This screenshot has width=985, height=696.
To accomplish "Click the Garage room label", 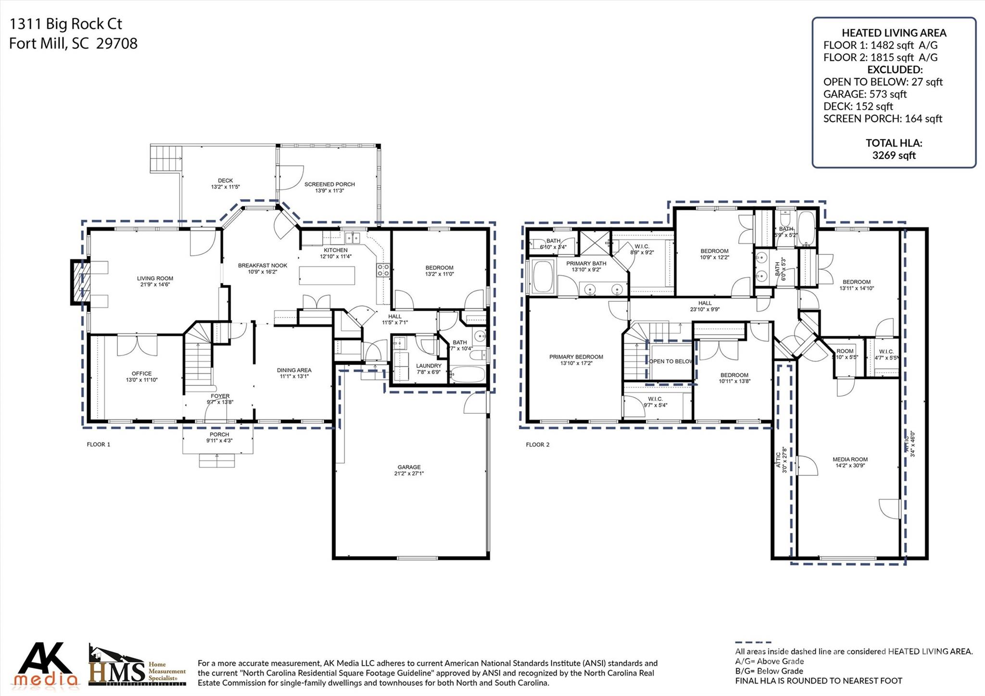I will coord(409,470).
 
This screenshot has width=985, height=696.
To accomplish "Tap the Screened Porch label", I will coord(329,187).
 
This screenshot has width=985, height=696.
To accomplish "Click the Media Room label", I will coord(850,462).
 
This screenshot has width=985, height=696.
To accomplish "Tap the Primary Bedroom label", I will coord(576,360).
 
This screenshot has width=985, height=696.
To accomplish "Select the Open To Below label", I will coord(671,361).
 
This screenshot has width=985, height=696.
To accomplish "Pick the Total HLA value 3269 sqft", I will coord(894,155).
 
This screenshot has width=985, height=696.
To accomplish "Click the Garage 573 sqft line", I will coord(865,94).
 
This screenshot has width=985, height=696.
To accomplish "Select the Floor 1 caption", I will coord(99,444).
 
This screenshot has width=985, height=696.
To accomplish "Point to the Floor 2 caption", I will coord(537,444).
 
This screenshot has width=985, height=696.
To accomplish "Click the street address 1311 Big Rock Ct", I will coord(66,24).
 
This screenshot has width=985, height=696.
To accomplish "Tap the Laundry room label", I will coord(429,368).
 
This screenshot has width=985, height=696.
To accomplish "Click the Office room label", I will coord(141,376).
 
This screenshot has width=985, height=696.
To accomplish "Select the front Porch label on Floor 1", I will coord(219,437).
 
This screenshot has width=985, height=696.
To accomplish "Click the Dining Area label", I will coord(294,373).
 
